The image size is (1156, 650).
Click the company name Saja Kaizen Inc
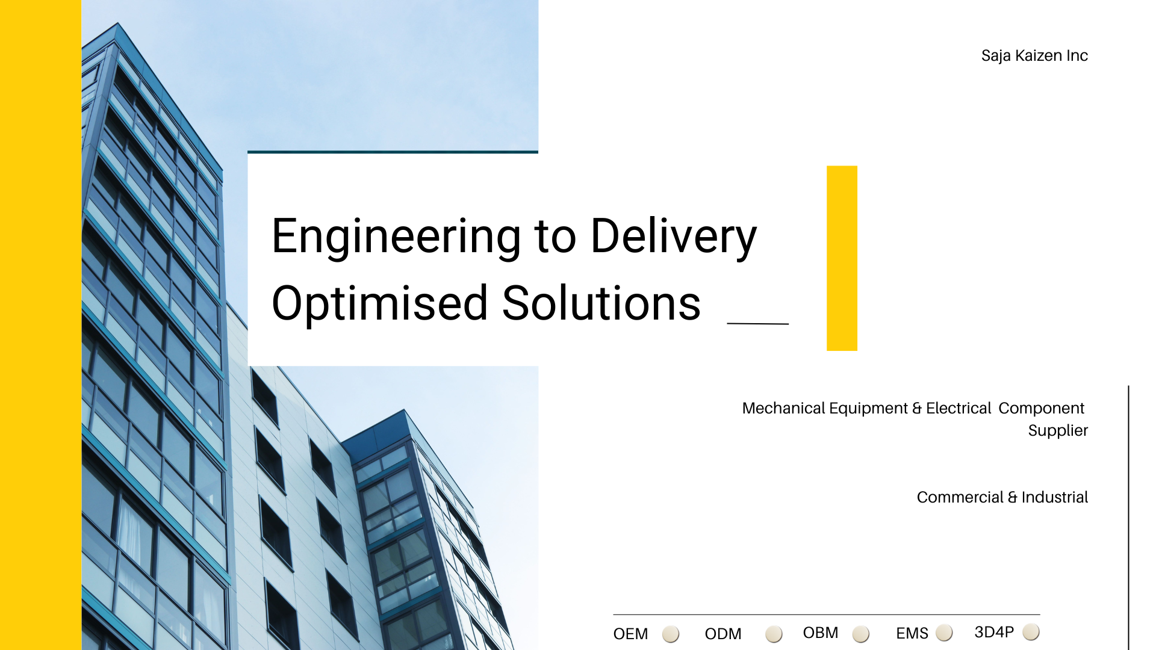tap(1034, 55)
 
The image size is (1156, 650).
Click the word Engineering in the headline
tap(396, 237)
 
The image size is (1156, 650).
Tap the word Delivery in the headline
tap(674, 237)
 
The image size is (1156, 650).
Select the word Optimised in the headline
tap(379, 305)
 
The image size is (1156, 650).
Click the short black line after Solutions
tap(758, 324)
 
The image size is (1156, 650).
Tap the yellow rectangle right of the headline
tap(842, 258)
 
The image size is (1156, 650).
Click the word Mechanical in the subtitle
tap(783, 408)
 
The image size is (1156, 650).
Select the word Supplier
tap(1058, 431)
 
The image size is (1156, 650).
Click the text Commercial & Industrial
tap(1002, 497)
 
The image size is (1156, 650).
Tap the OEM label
tap(630, 634)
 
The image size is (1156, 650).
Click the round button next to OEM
tap(671, 634)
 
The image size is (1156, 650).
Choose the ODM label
tap(723, 634)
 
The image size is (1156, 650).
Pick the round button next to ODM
tap(774, 634)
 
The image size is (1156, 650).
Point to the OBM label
tap(821, 633)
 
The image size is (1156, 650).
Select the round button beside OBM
tap(861, 634)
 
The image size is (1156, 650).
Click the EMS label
tap(912, 633)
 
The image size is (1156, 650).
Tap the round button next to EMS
tap(944, 633)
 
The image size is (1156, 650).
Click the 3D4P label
tap(994, 632)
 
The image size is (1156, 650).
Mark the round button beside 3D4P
tap(1031, 632)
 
